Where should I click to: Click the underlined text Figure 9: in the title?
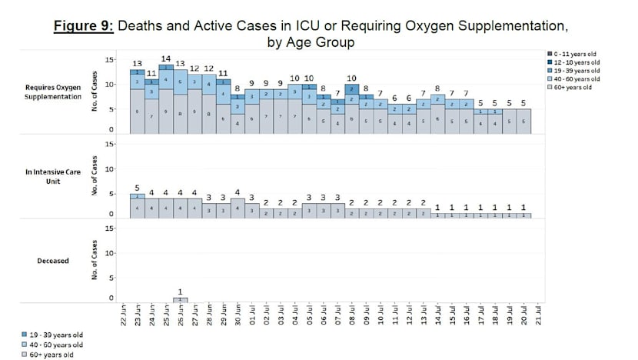(x=83, y=27)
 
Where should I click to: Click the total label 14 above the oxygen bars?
(x=165, y=58)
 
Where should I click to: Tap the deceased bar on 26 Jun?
(x=180, y=299)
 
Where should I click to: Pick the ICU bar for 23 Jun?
(x=137, y=205)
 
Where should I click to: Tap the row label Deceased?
(x=53, y=261)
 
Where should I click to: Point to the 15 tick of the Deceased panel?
(x=109, y=228)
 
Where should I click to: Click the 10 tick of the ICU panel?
(x=109, y=168)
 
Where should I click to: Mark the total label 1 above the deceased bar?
(x=180, y=292)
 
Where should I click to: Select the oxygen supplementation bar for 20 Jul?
(x=523, y=121)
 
